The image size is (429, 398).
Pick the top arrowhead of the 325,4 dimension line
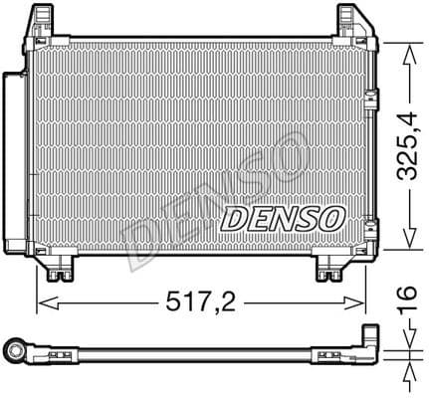point(405,50)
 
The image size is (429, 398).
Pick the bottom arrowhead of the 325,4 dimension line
point(405,244)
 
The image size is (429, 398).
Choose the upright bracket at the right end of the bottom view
point(369,340)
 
